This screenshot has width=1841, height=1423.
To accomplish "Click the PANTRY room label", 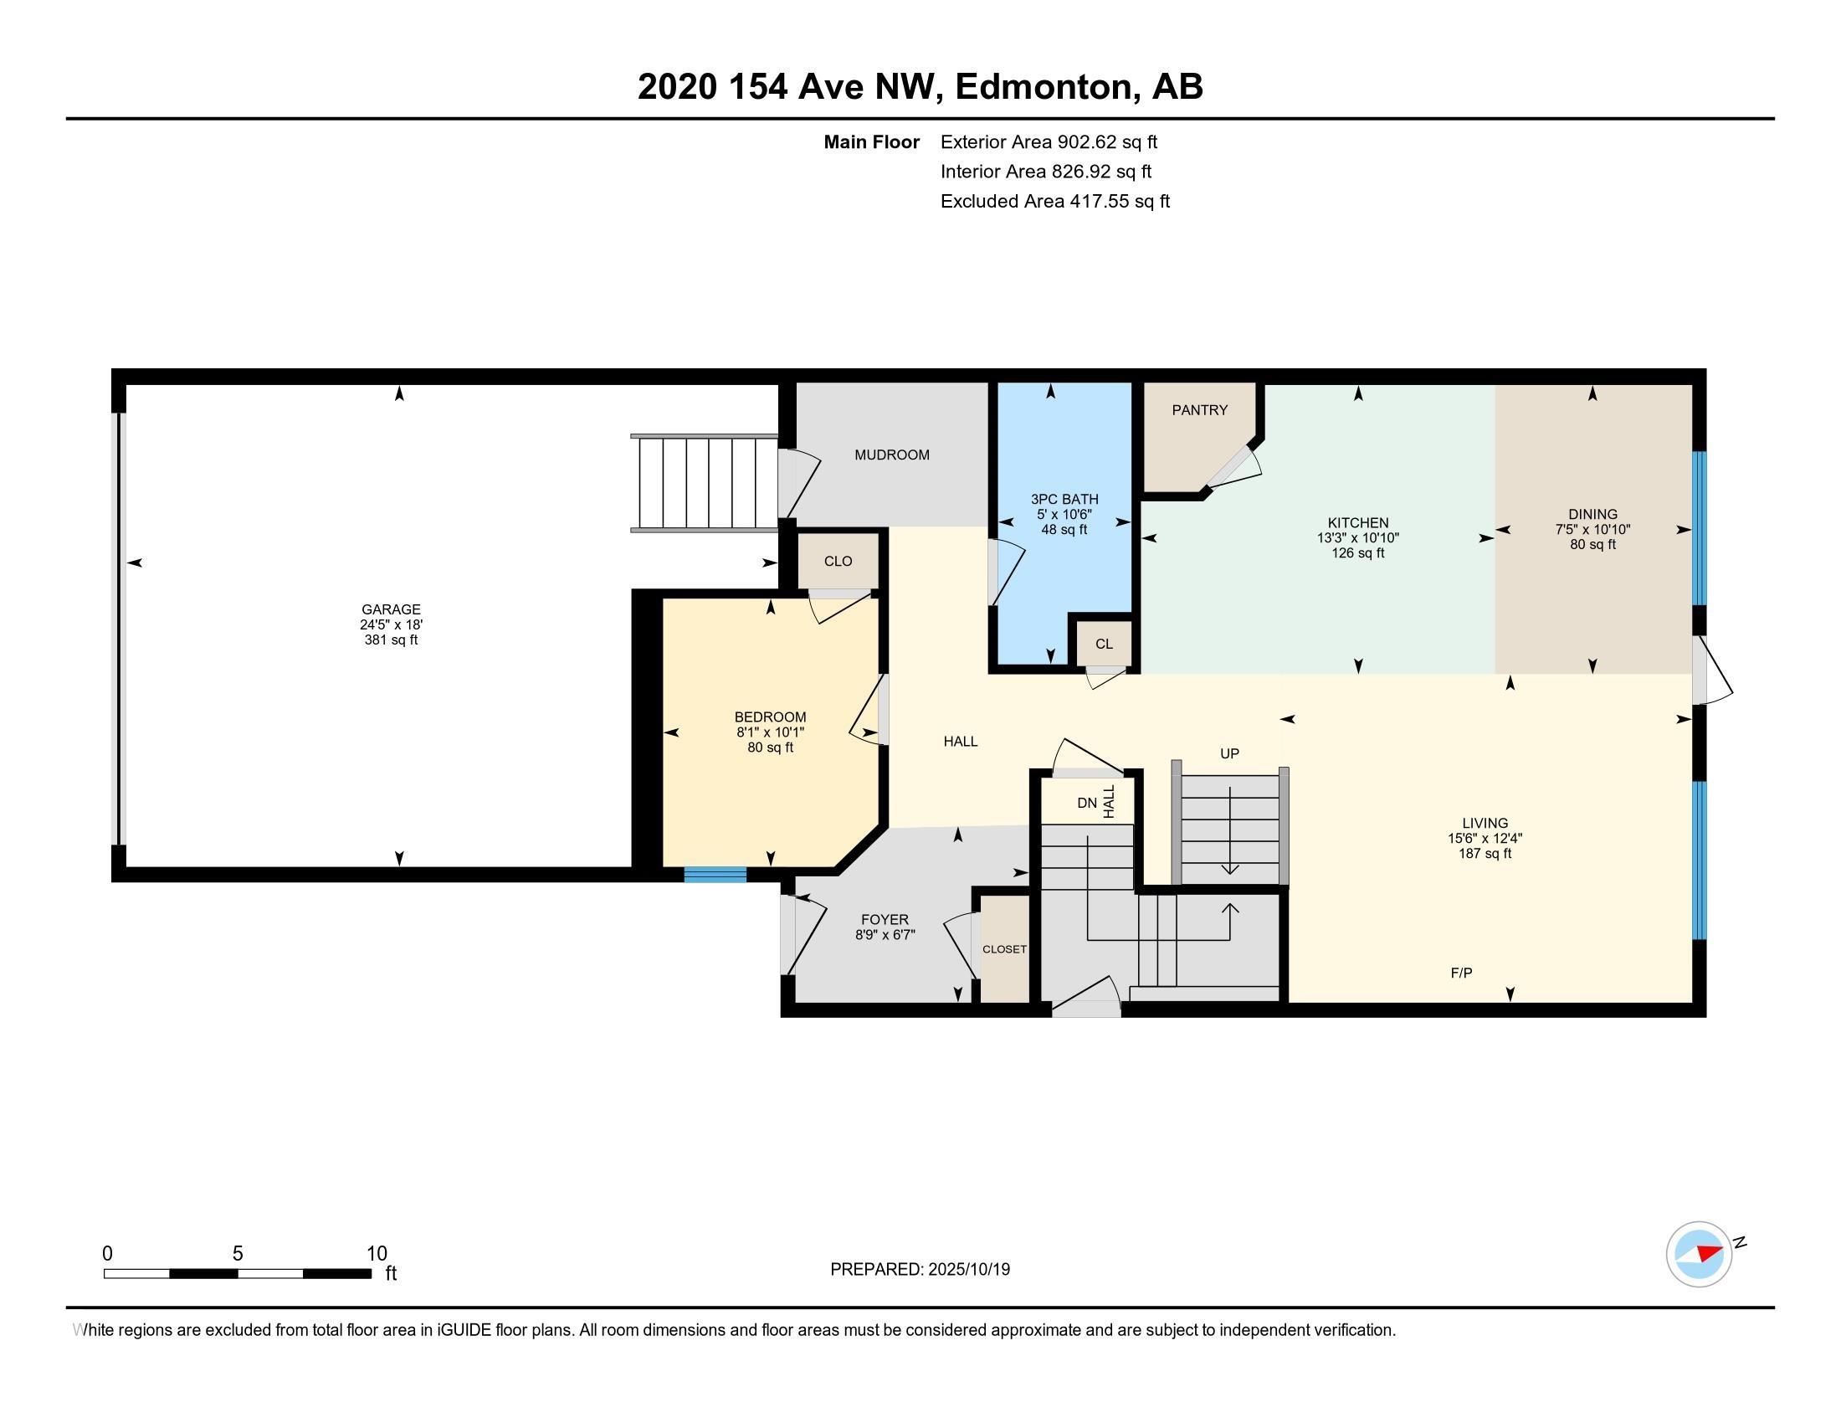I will (x=1198, y=410).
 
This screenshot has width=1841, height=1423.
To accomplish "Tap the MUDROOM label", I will (x=891, y=455).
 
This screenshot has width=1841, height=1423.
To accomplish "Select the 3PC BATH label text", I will (x=1064, y=499).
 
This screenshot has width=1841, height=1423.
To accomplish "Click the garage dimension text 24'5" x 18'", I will (x=390, y=624).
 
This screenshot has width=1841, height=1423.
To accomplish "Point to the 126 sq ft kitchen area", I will (x=1357, y=553).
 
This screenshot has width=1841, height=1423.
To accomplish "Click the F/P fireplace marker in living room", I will (x=1461, y=973).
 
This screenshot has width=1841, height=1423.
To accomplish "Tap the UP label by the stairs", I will (x=1229, y=753).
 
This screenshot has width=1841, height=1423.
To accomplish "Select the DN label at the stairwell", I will (x=1086, y=804).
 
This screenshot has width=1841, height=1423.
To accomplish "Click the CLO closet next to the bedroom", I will (x=838, y=562).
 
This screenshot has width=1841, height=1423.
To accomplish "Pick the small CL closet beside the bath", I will (x=1104, y=644).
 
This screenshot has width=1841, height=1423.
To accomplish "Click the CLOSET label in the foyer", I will (x=1004, y=949).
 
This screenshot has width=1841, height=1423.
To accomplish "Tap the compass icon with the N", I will (x=1699, y=1254).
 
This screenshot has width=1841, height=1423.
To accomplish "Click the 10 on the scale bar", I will (x=376, y=1254).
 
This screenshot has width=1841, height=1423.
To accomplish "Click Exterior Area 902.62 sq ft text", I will (x=1049, y=142).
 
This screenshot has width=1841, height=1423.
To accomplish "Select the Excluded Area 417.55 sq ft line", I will (x=1054, y=202).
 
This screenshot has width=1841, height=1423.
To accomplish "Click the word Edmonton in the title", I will (x=1043, y=87).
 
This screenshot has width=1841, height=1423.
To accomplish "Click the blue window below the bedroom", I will (x=715, y=875).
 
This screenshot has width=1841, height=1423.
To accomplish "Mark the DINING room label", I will (x=1592, y=514).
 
